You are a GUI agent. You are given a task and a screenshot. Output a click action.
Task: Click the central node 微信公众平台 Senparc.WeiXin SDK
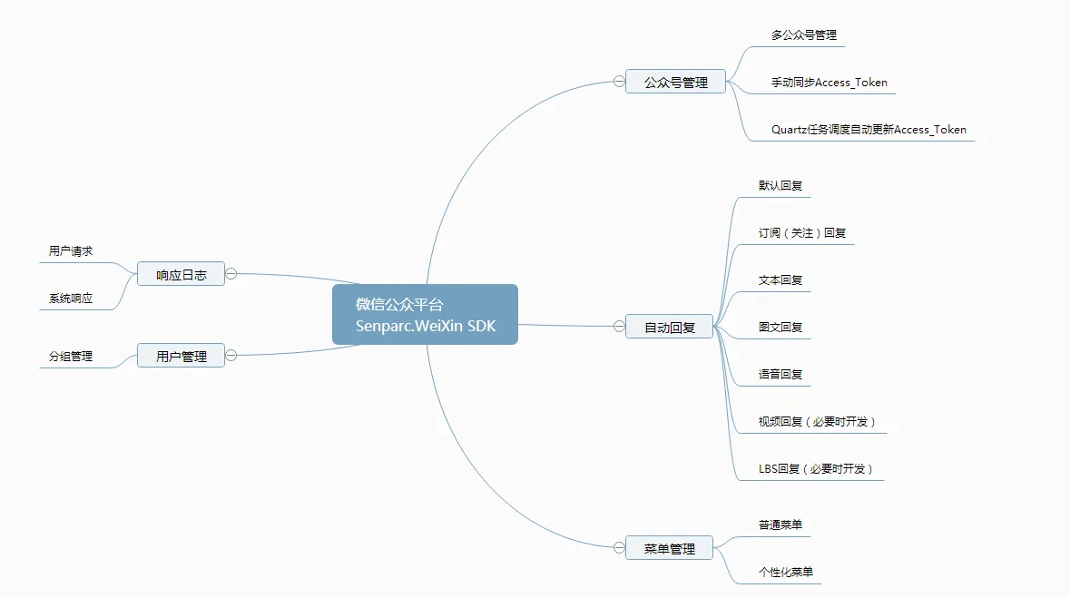[425, 314]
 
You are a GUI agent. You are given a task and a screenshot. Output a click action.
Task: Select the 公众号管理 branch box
[675, 82]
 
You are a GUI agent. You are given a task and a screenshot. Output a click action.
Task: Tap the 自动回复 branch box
[670, 327]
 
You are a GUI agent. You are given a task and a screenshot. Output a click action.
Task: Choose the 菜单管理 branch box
[670, 548]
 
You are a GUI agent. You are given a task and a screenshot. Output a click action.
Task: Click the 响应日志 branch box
[181, 274]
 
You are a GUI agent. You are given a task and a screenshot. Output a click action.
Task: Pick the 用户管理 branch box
[181, 356]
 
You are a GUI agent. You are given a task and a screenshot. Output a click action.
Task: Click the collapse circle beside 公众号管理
[619, 82]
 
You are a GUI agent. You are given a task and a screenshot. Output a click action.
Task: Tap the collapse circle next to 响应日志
[231, 274]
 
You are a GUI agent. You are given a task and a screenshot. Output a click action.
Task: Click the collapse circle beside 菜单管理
[619, 547]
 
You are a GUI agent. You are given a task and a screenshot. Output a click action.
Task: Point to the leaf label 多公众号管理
[804, 34]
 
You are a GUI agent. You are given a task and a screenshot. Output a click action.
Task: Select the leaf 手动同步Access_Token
[829, 82]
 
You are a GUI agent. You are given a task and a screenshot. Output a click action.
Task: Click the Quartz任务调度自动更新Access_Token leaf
[869, 129]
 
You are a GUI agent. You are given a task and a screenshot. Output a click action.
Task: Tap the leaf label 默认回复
[780, 185]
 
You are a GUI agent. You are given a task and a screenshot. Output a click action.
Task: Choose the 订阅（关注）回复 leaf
[802, 233]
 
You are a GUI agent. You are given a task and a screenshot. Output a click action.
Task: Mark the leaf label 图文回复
[780, 327]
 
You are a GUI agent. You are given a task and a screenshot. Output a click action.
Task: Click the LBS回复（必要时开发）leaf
[816, 468]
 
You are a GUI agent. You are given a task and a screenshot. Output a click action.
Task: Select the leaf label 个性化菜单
[786, 572]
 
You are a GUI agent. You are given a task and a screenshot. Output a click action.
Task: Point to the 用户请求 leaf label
[71, 250]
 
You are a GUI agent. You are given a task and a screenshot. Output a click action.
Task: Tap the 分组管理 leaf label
[71, 356]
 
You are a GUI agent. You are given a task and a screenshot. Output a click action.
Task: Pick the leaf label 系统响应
[71, 298]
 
